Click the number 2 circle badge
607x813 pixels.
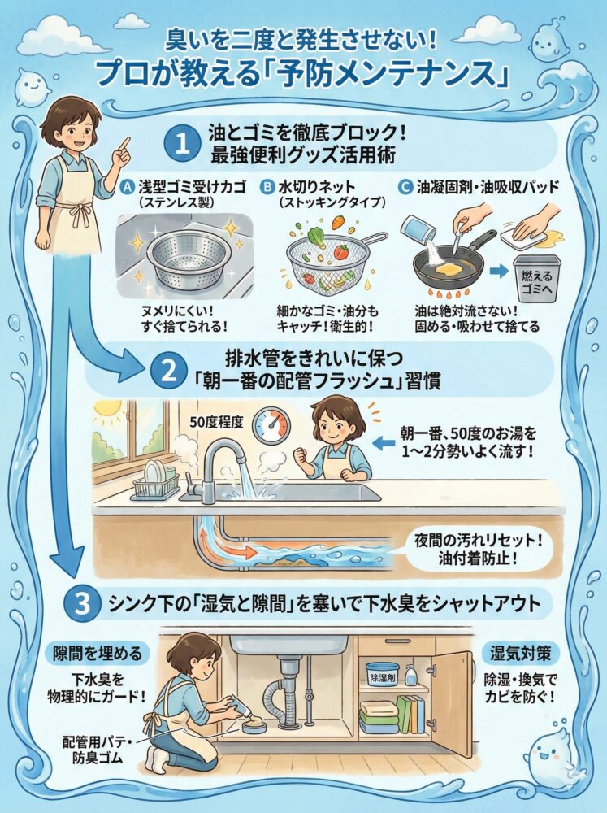point(165,370)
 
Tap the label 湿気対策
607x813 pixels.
point(518,652)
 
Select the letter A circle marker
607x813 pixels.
point(127,186)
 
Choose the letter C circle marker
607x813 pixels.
point(406,186)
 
